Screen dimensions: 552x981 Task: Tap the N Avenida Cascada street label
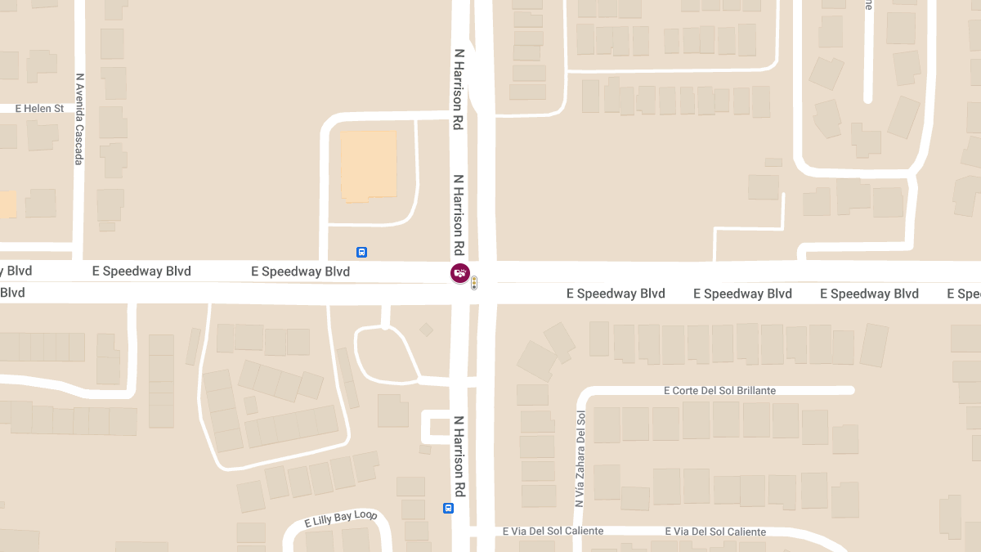tap(79, 119)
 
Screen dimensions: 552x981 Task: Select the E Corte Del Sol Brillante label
tap(719, 391)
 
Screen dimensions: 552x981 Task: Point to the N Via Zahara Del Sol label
tap(580, 459)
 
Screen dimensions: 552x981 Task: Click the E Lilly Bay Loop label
tap(341, 518)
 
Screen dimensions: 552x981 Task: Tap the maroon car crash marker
tap(460, 273)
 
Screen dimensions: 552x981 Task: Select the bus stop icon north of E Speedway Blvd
tap(361, 252)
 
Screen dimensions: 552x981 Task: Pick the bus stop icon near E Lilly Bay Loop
tap(448, 509)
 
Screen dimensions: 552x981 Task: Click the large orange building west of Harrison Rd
tap(369, 165)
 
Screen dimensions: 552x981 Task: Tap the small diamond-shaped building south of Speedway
tap(426, 330)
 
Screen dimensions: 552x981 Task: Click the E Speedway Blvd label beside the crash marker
tap(300, 272)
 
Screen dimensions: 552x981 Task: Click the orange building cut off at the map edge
tap(7, 204)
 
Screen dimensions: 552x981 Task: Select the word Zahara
tap(580, 455)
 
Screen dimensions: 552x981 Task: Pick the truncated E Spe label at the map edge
tap(964, 294)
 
